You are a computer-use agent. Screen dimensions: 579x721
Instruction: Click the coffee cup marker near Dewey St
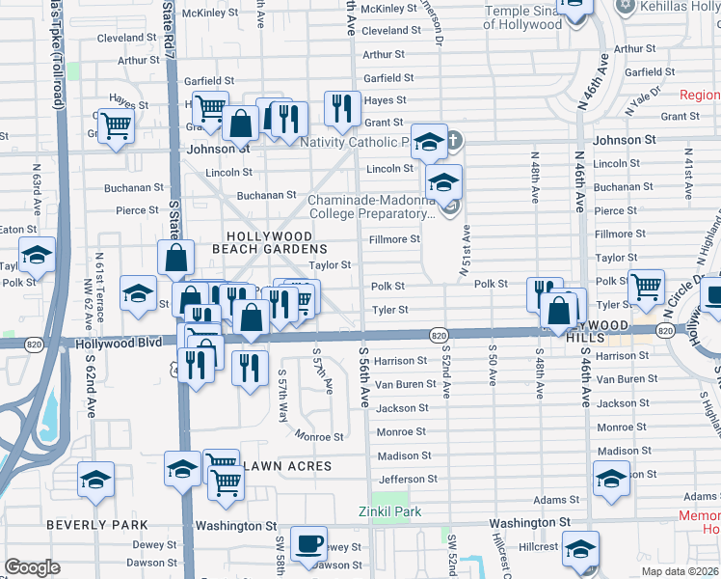coord(308,545)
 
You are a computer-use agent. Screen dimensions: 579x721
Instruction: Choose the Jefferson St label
coord(408,479)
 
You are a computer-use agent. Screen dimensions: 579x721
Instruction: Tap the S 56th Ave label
coord(364,376)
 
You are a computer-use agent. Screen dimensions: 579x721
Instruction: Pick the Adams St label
coord(556,500)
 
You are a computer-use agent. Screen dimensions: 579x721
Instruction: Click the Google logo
coord(32,567)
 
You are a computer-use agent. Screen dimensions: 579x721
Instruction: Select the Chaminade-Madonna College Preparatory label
coord(371,207)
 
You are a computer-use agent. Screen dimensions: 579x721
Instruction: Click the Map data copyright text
coord(680,571)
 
